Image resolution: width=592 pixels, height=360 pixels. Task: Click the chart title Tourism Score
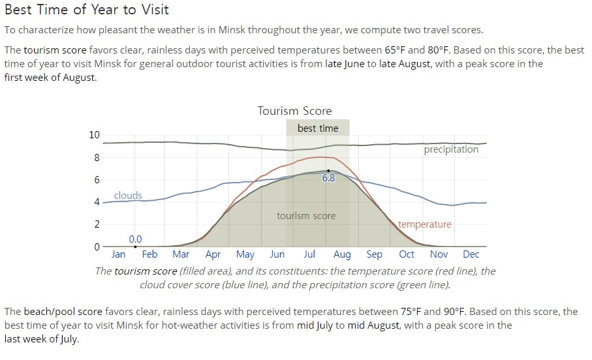pyautogui.click(x=294, y=111)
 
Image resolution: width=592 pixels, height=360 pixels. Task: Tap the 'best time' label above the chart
pyautogui.click(x=318, y=128)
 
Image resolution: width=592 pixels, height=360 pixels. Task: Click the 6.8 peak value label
pyautogui.click(x=328, y=178)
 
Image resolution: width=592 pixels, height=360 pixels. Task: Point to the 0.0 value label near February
pyautogui.click(x=135, y=239)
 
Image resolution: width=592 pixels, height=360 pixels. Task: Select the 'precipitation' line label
pyautogui.click(x=451, y=149)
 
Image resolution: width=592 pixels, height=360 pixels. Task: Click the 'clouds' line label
pyautogui.click(x=128, y=196)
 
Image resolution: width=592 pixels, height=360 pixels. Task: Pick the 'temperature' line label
pyautogui.click(x=425, y=224)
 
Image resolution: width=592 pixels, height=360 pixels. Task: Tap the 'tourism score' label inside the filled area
pyautogui.click(x=306, y=216)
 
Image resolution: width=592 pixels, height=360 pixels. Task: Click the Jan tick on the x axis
pyautogui.click(x=118, y=254)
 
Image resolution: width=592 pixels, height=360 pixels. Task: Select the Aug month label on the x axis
pyautogui.click(x=342, y=255)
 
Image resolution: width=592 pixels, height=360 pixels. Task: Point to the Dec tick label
pyautogui.click(x=471, y=254)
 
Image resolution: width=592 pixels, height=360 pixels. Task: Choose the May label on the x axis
pyautogui.click(x=245, y=255)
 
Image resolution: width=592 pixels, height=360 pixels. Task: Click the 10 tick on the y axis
pyautogui.click(x=95, y=135)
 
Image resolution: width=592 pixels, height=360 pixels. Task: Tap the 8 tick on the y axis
pyautogui.click(x=97, y=157)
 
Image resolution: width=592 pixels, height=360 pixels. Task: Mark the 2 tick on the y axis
pyautogui.click(x=97, y=224)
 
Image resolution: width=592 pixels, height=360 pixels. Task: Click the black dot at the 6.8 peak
pyautogui.click(x=328, y=171)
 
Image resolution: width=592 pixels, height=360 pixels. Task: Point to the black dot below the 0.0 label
pyautogui.click(x=135, y=247)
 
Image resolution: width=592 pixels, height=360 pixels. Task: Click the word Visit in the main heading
pyautogui.click(x=155, y=9)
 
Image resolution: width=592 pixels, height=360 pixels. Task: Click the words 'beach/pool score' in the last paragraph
pyautogui.click(x=63, y=312)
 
